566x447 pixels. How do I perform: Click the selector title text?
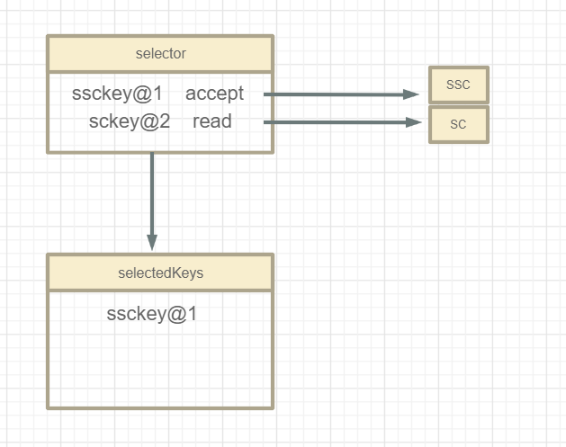[160, 54]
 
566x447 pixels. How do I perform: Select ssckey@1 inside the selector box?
[116, 94]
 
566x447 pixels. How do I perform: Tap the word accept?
[214, 94]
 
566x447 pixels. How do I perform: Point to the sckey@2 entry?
[130, 121]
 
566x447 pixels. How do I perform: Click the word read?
[211, 121]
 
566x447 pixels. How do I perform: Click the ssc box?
[458, 85]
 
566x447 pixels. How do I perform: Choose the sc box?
[458, 124]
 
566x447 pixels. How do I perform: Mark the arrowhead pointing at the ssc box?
[412, 94]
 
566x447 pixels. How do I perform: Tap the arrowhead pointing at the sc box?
[412, 122]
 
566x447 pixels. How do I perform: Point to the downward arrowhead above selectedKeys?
[152, 242]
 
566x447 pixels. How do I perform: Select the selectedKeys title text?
[160, 273]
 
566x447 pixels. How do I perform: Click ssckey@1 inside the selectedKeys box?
[151, 314]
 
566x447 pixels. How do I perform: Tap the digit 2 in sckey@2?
[165, 121]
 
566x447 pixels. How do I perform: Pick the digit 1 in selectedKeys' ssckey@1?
[191, 314]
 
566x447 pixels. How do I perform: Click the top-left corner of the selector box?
[48, 38]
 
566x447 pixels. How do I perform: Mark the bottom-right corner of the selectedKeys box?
[272, 407]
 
